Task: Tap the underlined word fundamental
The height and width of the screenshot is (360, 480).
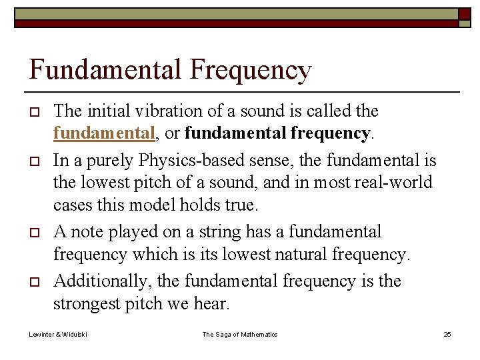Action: tap(104, 133)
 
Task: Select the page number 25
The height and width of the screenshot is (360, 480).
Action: tap(447, 334)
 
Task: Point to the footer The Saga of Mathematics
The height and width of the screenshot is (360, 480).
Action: tap(240, 334)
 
